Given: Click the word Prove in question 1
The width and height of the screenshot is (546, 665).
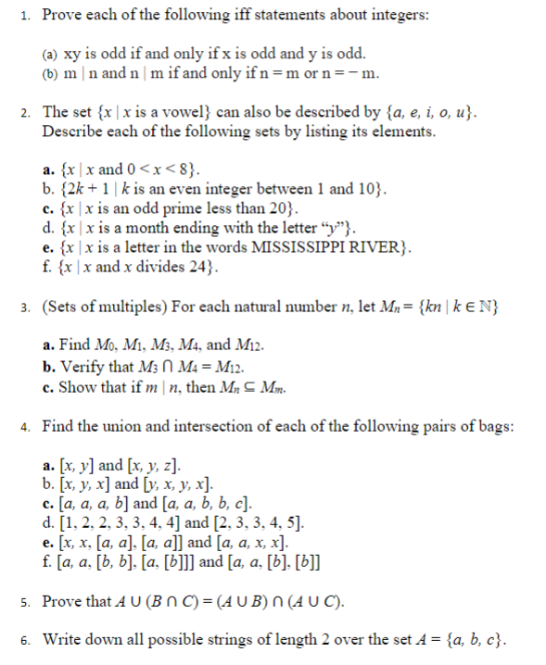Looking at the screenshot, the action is [x=62, y=16].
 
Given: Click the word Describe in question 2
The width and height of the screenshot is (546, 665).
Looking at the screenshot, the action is [x=73, y=132].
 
